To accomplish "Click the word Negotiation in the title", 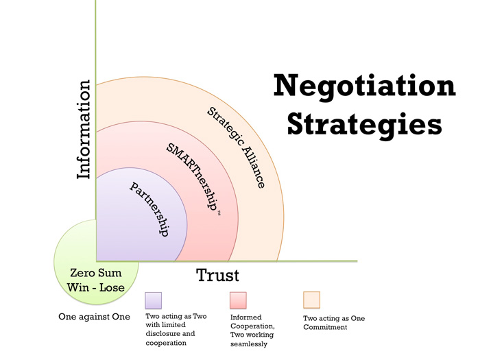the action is [365, 86].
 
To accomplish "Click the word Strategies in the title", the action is [365, 125].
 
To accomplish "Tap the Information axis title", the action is [84, 130].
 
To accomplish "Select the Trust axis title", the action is [217, 275].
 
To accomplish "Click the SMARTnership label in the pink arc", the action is [191, 177].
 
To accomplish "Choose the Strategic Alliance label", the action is [236, 147].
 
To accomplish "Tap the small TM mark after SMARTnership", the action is [219, 213].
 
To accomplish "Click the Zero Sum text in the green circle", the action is [96, 272].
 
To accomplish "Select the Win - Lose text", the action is [96, 287].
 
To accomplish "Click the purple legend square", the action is [153, 300].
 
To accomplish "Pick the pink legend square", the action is [238, 300].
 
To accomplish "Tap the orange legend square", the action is [311, 300].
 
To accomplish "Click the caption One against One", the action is [95, 317].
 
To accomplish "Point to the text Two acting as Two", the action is [176, 316].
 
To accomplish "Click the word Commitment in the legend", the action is [325, 327].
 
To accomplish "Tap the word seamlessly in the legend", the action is [249, 344].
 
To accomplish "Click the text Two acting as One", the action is [334, 318].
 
